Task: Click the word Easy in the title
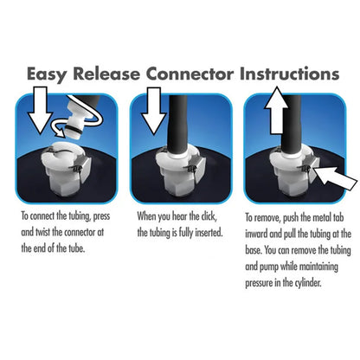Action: (47, 74)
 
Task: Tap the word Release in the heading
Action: (106, 74)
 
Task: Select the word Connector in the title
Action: (190, 74)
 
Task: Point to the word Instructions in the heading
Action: (289, 74)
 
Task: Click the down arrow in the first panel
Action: (40, 110)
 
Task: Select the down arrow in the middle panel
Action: (153, 110)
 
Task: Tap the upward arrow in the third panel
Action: (277, 110)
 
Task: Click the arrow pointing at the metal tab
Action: (335, 178)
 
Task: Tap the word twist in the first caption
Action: (42, 232)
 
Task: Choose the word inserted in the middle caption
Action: (209, 233)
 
